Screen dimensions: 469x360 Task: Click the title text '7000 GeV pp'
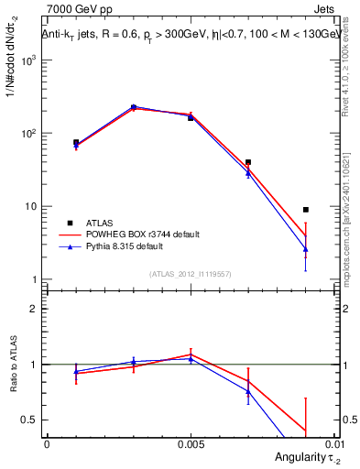point(71,10)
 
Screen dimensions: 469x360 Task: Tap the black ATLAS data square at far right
point(306,210)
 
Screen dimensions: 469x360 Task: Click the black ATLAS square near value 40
point(248,162)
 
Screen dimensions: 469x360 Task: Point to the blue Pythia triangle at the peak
point(133,107)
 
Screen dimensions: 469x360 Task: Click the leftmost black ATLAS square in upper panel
point(76,142)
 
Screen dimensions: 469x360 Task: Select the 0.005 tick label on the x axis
point(191,443)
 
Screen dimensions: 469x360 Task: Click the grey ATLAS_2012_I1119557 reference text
point(191,275)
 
